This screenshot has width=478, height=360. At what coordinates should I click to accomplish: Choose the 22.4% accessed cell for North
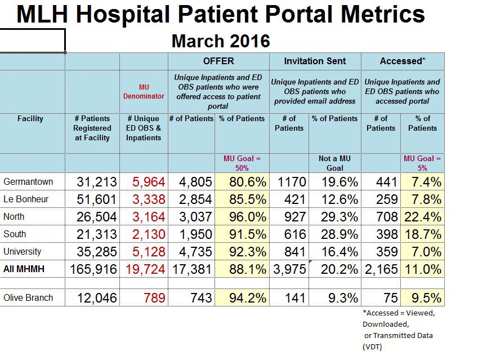(423, 217)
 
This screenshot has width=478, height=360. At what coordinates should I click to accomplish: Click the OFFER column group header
(218, 61)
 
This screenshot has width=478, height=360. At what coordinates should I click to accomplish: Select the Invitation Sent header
(315, 61)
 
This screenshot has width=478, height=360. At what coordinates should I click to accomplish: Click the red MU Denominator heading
(144, 91)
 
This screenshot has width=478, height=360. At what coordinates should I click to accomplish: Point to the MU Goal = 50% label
(242, 163)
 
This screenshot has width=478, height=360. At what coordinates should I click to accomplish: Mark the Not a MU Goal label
(334, 163)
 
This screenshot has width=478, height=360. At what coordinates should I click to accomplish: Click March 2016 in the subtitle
(221, 41)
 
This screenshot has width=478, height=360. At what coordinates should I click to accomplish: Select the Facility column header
(30, 119)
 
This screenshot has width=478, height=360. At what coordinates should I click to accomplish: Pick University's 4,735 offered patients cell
(191, 252)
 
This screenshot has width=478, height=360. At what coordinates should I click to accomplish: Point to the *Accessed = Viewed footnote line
(399, 313)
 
